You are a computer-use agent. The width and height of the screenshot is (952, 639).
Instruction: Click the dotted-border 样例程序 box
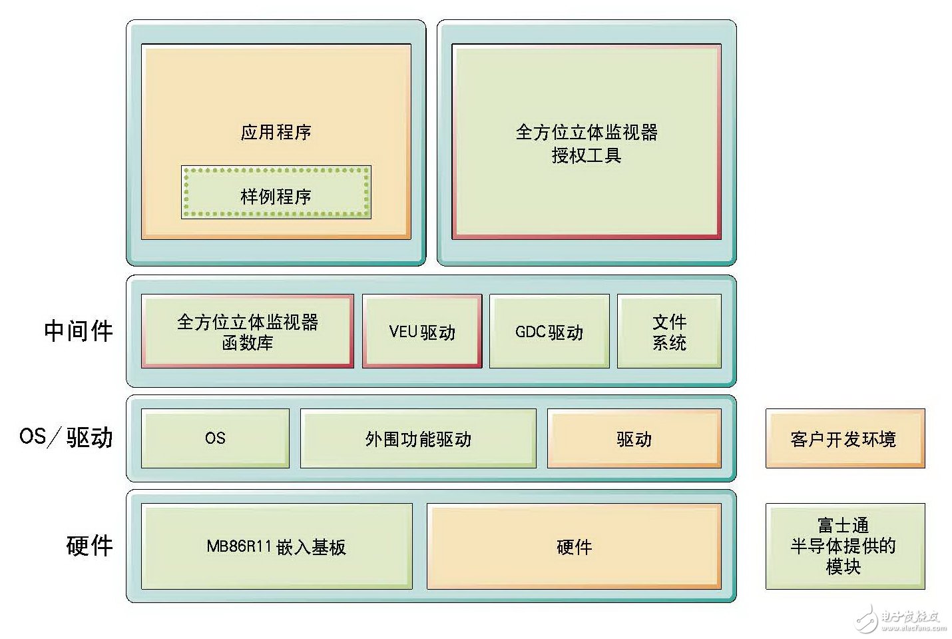pyautogui.click(x=276, y=193)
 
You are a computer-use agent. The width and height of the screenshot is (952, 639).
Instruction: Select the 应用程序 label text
pyautogui.click(x=276, y=132)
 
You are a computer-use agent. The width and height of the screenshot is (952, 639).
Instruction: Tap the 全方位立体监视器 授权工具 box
pyautogui.click(x=586, y=141)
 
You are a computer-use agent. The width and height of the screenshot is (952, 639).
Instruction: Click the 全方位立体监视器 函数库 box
pyautogui.click(x=247, y=331)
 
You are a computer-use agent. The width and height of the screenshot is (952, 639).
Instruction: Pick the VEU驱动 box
pyautogui.click(x=422, y=331)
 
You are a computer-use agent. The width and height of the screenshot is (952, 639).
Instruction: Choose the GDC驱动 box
pyautogui.click(x=549, y=331)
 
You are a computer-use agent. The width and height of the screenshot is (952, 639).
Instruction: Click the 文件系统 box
pyautogui.click(x=669, y=331)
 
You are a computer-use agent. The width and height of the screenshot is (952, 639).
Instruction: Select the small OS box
pyautogui.click(x=215, y=438)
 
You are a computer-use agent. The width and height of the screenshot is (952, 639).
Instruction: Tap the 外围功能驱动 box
pyautogui.click(x=418, y=438)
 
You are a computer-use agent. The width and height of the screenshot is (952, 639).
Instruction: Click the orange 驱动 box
pyautogui.click(x=634, y=438)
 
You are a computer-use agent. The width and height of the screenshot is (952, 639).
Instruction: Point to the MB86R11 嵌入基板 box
pyautogui.click(x=276, y=546)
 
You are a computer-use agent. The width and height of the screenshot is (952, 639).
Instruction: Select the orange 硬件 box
pyautogui.click(x=574, y=546)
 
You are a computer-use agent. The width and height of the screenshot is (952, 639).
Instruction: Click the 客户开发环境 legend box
pyautogui.click(x=844, y=438)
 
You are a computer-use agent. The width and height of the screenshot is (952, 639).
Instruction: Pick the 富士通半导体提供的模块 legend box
pyautogui.click(x=844, y=546)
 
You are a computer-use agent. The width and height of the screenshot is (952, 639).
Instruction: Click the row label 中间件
pyautogui.click(x=79, y=330)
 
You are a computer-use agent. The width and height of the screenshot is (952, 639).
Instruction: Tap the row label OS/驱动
pyautogui.click(x=67, y=437)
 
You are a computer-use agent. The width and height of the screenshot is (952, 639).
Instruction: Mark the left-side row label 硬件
pyautogui.click(x=90, y=545)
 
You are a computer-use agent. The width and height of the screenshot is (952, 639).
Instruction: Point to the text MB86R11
pyautogui.click(x=240, y=546)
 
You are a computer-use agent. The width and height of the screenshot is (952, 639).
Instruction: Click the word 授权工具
pyautogui.click(x=587, y=155)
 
